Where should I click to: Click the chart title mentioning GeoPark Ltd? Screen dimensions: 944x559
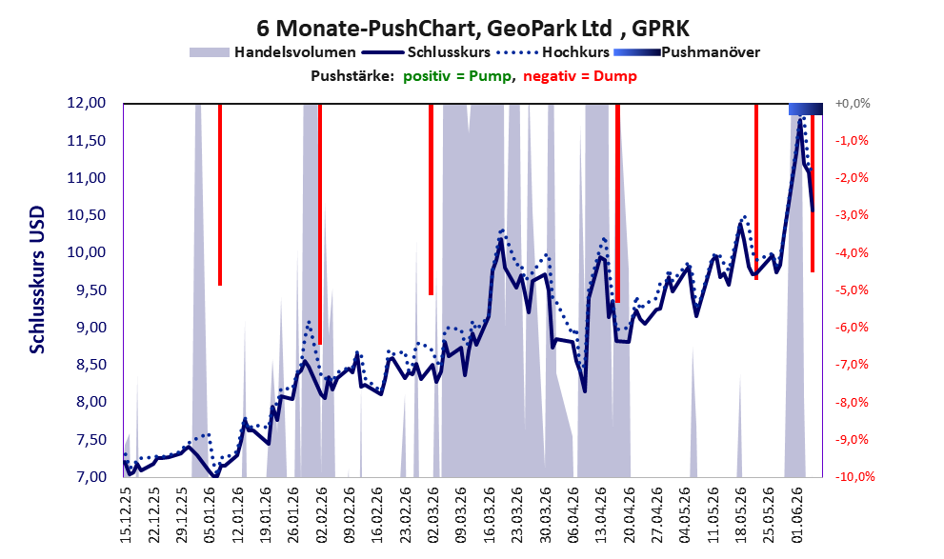click(x=472, y=28)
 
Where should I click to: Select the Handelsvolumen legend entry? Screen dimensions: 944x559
click(x=272, y=52)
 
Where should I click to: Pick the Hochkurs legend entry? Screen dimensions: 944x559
click(x=553, y=52)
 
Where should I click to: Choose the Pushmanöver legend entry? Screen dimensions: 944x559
click(x=687, y=52)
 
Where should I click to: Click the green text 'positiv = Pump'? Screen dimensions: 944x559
click(x=457, y=76)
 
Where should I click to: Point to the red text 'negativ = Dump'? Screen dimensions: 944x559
click(x=580, y=76)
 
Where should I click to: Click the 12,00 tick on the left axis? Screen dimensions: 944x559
click(x=87, y=103)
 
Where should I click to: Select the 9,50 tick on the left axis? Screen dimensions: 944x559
click(x=87, y=290)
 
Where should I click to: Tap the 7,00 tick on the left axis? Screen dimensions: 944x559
click(x=87, y=476)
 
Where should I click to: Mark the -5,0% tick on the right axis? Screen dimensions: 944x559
click(x=852, y=290)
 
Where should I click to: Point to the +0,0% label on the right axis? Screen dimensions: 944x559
click(x=853, y=104)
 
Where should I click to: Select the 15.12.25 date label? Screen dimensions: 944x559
click(x=126, y=514)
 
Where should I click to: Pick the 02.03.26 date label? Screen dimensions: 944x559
click(x=432, y=514)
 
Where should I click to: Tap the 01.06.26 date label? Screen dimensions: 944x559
click(x=796, y=514)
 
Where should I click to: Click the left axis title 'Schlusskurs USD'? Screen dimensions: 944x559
click(x=37, y=280)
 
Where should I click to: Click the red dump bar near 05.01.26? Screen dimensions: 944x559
click(x=220, y=194)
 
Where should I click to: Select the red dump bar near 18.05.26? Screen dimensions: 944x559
click(x=756, y=192)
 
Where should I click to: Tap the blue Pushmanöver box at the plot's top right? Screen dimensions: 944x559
click(x=806, y=109)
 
